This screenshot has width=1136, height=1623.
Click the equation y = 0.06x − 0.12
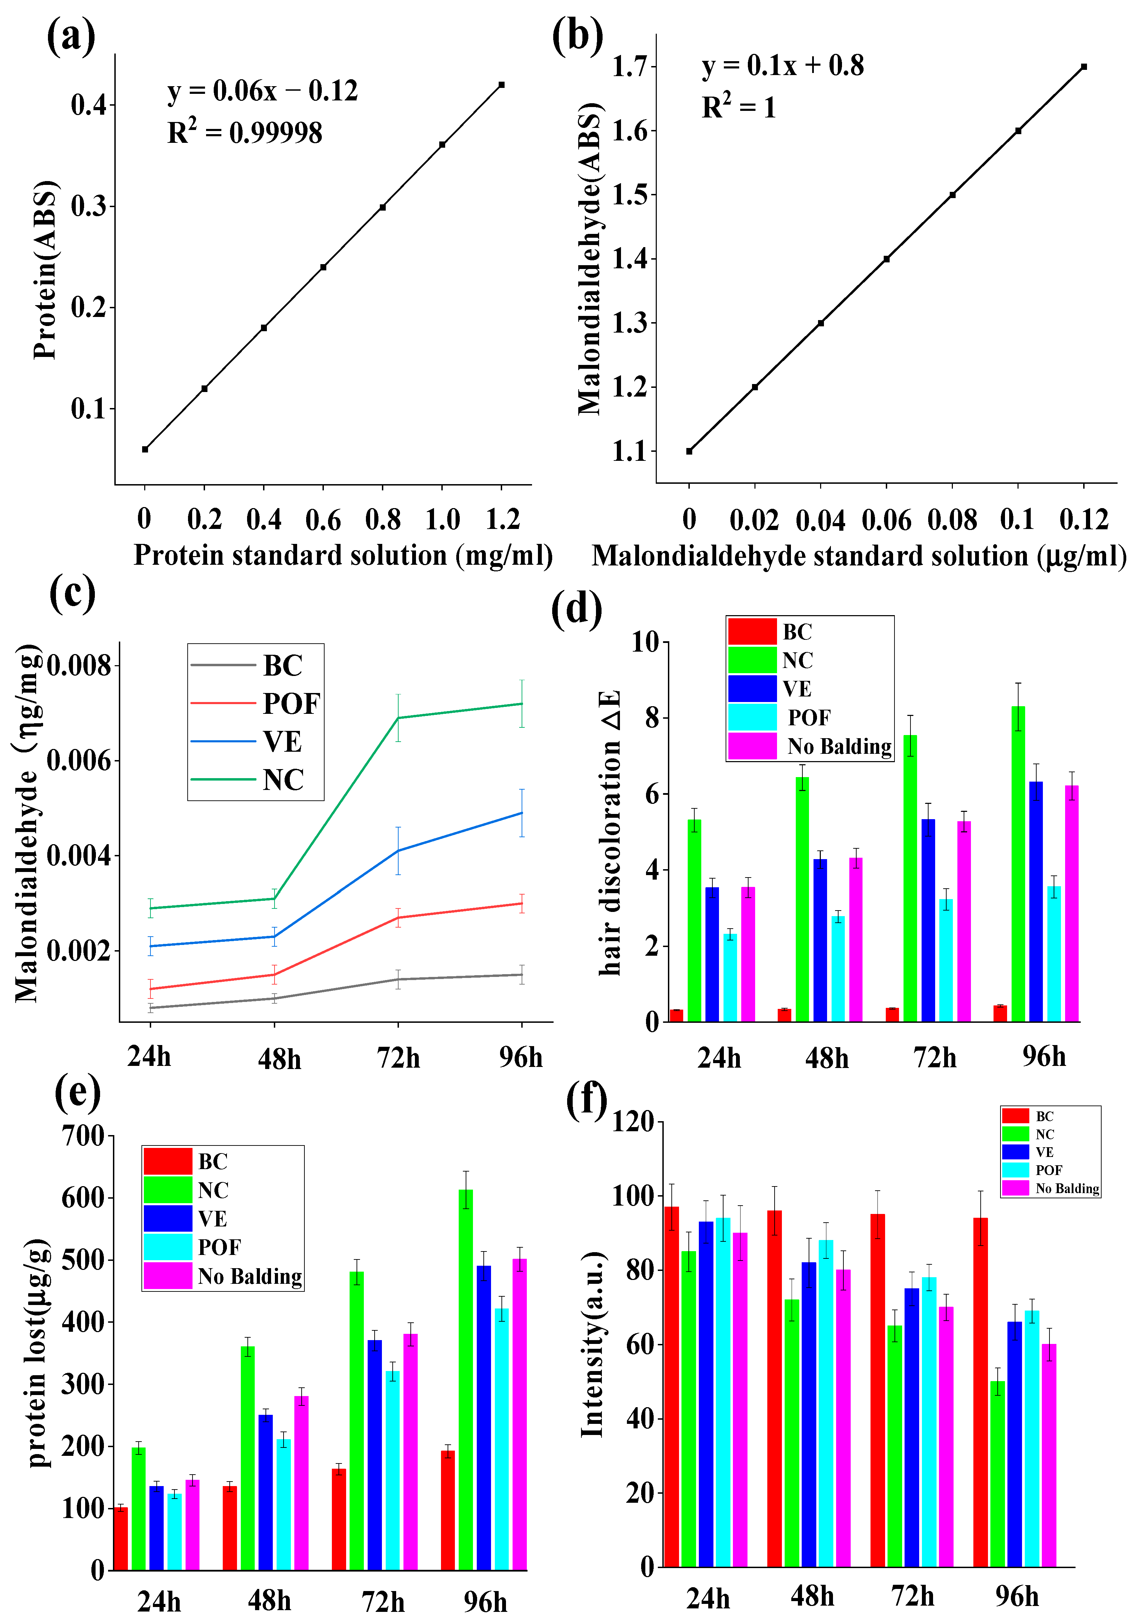click(x=262, y=91)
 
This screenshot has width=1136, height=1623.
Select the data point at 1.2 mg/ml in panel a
click(x=501, y=85)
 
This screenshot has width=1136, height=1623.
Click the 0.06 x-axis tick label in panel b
click(x=886, y=520)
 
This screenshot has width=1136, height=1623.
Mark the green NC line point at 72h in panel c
click(x=398, y=718)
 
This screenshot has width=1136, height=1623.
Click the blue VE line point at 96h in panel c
click(x=522, y=813)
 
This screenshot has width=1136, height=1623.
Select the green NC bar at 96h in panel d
click(x=1018, y=864)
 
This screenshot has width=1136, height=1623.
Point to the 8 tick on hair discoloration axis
click(x=651, y=718)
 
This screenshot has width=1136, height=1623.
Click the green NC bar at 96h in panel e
click(x=466, y=1380)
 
